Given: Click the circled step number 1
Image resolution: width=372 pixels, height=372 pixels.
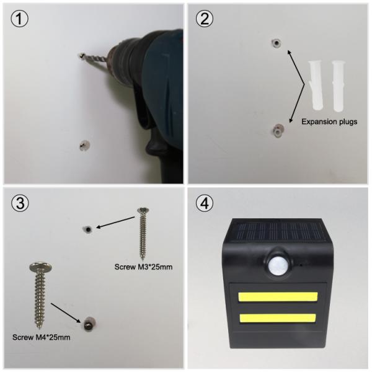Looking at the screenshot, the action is point(19,19).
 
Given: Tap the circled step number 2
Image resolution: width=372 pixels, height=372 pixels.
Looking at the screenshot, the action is point(204,19).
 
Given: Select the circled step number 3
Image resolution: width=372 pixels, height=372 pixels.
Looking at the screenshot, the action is point(20,203).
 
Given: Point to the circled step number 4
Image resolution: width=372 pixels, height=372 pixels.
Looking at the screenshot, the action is point(205,203).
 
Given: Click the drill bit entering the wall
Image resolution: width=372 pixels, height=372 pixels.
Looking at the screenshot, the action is point(94,58).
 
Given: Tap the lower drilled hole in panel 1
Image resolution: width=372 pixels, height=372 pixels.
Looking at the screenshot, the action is point(85,145).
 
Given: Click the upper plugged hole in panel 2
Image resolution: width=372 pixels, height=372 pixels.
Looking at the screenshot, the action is point(277,43).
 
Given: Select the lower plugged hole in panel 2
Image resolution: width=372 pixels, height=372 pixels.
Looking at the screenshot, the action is point(278,130).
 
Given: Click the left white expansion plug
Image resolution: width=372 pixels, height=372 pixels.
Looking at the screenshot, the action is point(316,86).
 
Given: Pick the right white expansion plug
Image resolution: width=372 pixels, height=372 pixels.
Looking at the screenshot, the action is point(338,86).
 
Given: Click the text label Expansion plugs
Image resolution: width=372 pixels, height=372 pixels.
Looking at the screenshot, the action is point(329,122).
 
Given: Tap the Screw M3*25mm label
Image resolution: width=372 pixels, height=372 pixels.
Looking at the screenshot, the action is point(143,267).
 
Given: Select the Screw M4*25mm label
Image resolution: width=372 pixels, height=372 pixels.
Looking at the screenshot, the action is point(42,337).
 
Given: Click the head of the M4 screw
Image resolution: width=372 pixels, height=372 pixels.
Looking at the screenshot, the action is point(41,267).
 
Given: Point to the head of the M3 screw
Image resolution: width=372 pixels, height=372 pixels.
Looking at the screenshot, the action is point(143,210).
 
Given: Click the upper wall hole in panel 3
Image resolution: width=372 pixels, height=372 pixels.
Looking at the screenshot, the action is point(88,229).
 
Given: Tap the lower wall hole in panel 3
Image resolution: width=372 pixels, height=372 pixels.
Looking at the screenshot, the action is point(89,324).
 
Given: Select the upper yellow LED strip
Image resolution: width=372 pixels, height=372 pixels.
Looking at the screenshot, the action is point(278,297).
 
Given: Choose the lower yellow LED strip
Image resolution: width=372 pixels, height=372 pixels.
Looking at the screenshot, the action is point(278,318).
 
